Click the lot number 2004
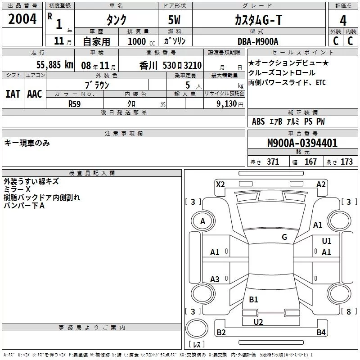[22, 19]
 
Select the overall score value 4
[343, 20]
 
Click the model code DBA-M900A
[258, 41]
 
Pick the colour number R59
[74, 103]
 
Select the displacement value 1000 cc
[138, 41]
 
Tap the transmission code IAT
[13, 94]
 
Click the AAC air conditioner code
[34, 94]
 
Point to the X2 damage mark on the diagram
[220, 184]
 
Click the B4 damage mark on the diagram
[321, 333]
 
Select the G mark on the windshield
[284, 237]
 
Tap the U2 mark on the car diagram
[258, 322]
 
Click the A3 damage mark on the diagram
[215, 279]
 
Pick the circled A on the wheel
[202, 221]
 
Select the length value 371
[273, 162]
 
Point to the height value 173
[346, 162]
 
